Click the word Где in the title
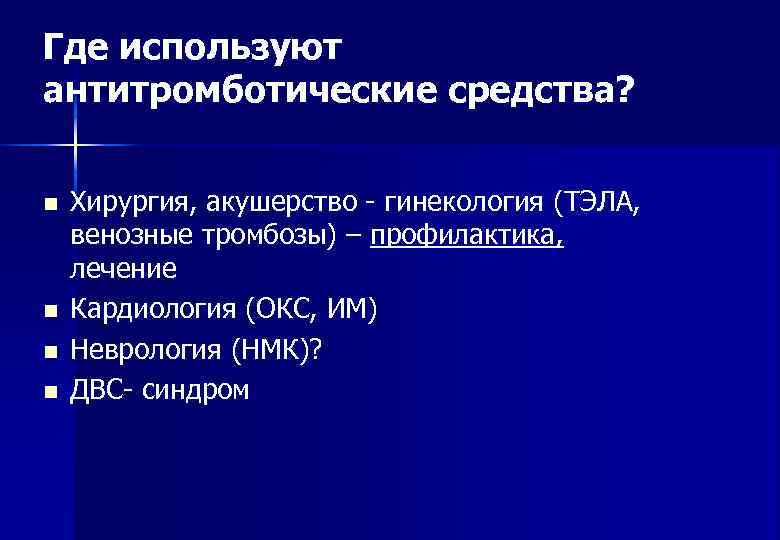77,46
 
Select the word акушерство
286,204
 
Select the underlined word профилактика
466,236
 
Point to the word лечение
123,268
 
